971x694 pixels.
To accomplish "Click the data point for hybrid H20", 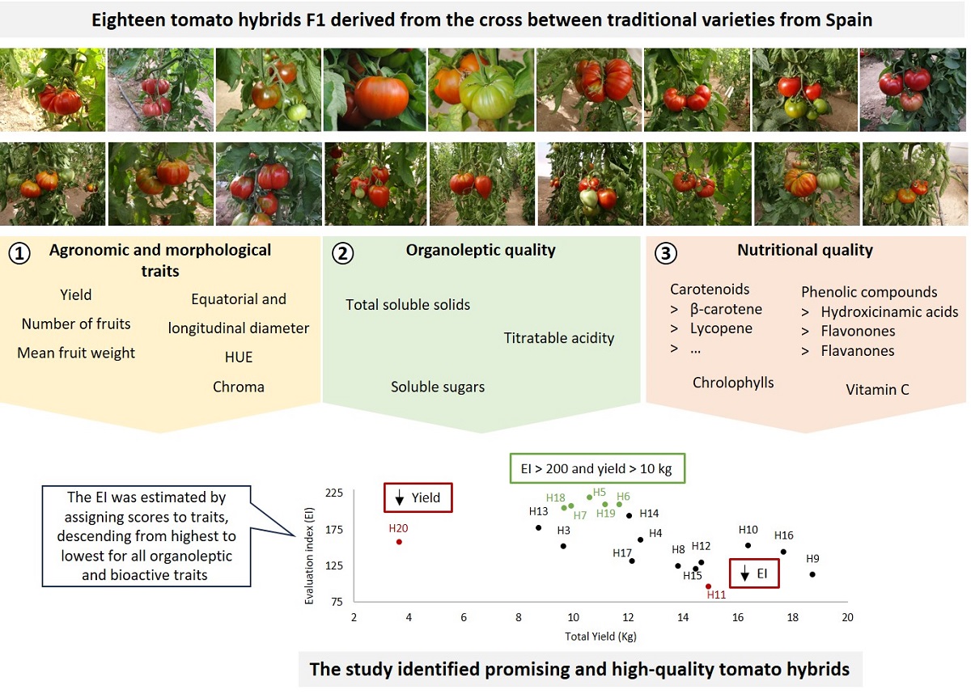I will (x=399, y=541).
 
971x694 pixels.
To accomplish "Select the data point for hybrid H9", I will (x=812, y=574).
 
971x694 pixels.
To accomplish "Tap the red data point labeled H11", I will (x=708, y=586).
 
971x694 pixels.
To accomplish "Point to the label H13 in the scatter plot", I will (x=538, y=511).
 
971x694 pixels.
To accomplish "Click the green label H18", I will (x=555, y=497).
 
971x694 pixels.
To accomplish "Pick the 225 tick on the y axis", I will (x=333, y=493).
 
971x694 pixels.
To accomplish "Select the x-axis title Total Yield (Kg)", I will (x=600, y=637).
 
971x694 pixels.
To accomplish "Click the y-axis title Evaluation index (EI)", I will (x=309, y=547).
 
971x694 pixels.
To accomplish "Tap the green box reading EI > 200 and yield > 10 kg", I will (x=597, y=468).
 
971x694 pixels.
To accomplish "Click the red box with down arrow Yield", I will (x=418, y=497).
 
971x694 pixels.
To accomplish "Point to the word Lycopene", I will (x=721, y=328).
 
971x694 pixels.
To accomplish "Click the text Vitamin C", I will (x=877, y=390).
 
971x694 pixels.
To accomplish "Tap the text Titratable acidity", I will (x=558, y=338).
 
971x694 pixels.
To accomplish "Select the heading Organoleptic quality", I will (x=481, y=250).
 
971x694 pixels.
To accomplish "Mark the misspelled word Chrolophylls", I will (x=733, y=383).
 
